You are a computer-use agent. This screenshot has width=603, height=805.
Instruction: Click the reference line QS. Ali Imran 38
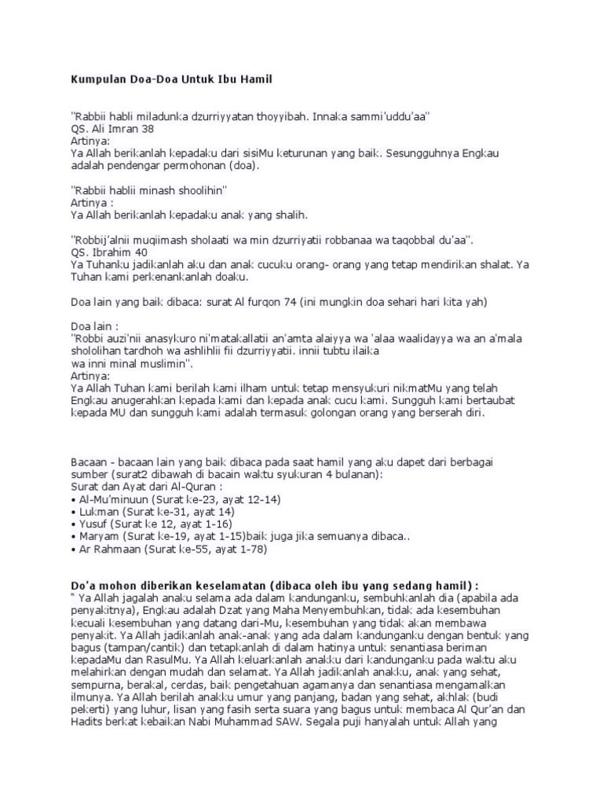click(112, 128)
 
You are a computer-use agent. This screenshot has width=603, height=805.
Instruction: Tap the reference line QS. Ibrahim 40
click(108, 252)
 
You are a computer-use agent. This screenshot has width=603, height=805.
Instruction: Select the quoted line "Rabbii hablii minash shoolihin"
click(149, 190)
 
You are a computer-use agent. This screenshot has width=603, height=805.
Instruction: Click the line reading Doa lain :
click(95, 325)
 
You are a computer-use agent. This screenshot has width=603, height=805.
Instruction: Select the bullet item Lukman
click(150, 512)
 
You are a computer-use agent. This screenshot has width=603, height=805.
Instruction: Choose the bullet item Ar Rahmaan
click(168, 550)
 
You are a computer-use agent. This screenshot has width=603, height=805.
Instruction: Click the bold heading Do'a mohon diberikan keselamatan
click(274, 586)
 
